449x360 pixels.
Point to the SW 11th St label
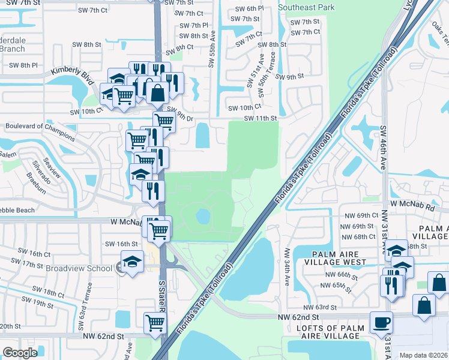pyautogui.click(x=260, y=119)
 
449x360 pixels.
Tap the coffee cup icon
pyautogui.click(x=381, y=322)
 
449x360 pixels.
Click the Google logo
pyautogui.click(x=20, y=353)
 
